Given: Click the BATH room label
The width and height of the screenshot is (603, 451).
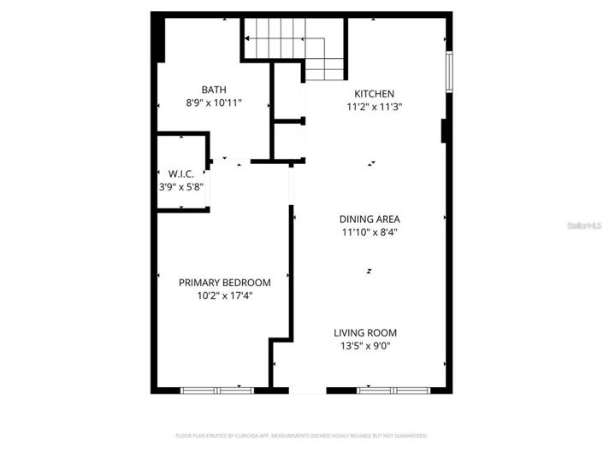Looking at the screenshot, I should click(x=213, y=90).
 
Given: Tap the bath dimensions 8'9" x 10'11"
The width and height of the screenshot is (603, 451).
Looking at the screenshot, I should click(x=214, y=102).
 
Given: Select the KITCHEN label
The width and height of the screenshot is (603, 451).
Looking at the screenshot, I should click(x=375, y=94).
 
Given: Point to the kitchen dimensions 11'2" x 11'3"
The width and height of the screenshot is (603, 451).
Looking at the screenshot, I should click(x=375, y=107).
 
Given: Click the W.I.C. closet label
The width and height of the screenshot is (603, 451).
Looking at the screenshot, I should click(x=180, y=173).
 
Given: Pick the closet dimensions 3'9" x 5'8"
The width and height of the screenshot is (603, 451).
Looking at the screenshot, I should click(x=180, y=185).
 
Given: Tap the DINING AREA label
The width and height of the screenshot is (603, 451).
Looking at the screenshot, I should click(x=369, y=219).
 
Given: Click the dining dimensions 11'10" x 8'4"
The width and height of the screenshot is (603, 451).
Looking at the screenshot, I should click(x=369, y=231).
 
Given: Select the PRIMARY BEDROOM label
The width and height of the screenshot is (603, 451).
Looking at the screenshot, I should click(x=224, y=283).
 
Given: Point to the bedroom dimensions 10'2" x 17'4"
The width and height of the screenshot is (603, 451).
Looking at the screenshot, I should click(x=224, y=296).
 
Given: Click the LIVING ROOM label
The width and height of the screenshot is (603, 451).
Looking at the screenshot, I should click(x=365, y=333).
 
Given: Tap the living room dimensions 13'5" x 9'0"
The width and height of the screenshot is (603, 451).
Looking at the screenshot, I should click(x=365, y=346).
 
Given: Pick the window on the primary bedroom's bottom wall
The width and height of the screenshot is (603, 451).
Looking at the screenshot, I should click(x=217, y=390).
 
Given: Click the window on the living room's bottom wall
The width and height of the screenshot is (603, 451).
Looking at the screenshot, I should click(x=393, y=390).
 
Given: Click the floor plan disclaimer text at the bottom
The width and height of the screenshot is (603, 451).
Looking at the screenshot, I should click(x=301, y=435).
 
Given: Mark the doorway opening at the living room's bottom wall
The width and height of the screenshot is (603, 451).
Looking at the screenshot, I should click(x=307, y=390).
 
